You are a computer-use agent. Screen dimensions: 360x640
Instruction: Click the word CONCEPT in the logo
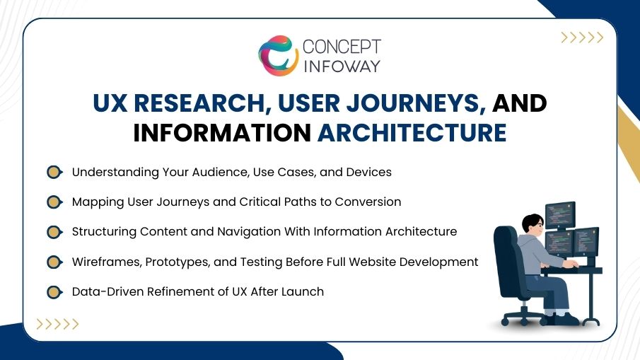click(x=342, y=47)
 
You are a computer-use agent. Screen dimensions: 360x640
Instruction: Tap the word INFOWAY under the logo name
click(x=342, y=66)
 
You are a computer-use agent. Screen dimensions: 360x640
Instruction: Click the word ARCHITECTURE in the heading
click(x=412, y=132)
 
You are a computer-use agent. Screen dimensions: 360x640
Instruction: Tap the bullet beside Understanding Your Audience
click(x=54, y=172)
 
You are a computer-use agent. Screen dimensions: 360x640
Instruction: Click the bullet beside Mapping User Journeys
click(x=54, y=202)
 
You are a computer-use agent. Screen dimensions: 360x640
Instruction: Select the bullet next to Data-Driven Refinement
click(x=54, y=291)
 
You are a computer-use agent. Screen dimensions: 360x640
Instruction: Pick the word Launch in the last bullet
click(x=303, y=291)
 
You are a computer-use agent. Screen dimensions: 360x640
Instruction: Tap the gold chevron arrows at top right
click(x=581, y=38)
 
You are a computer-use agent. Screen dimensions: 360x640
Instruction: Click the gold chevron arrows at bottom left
click(x=57, y=325)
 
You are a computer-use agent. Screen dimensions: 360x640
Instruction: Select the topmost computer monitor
click(x=560, y=214)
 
